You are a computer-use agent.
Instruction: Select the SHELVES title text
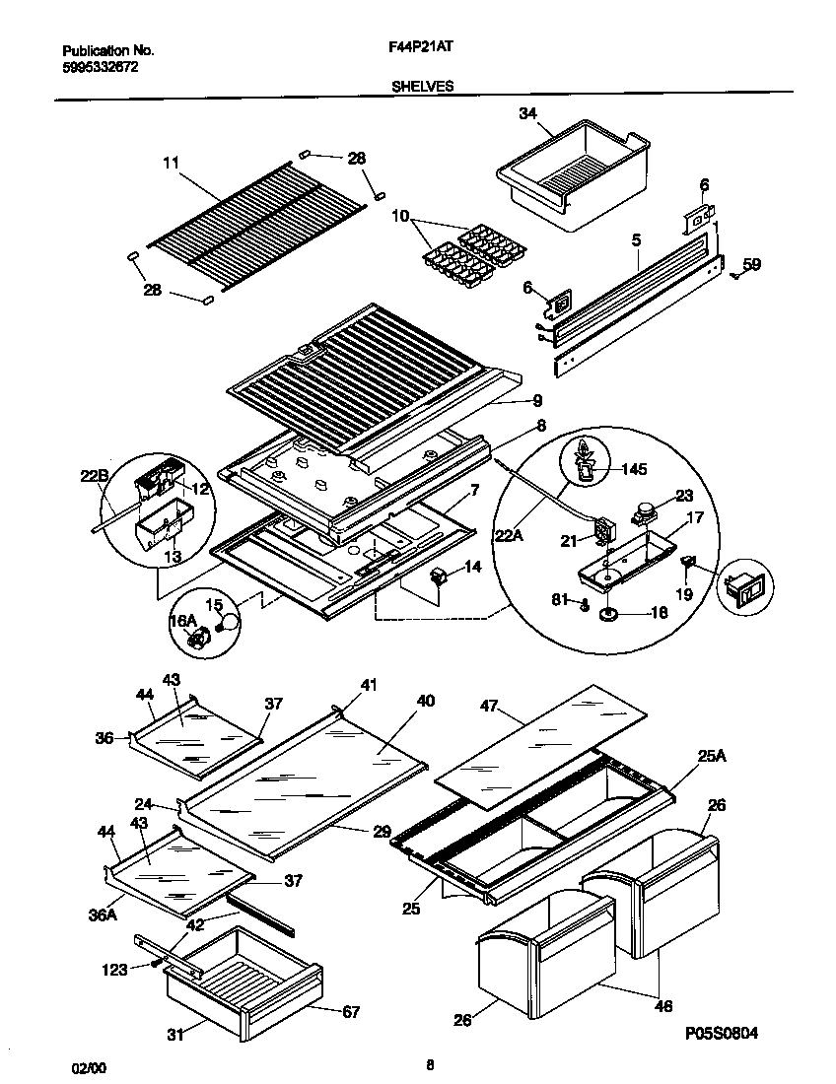click(421, 86)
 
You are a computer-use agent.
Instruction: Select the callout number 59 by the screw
click(751, 263)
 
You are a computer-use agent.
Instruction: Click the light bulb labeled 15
click(229, 620)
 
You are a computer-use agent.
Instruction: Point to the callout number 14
click(472, 568)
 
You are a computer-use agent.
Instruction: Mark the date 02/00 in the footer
click(86, 1068)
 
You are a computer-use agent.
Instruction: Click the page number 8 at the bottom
click(430, 1064)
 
